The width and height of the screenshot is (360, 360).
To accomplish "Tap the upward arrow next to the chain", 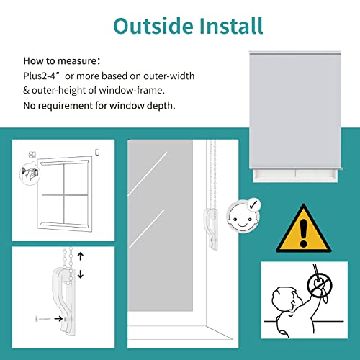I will click(x=80, y=256).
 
